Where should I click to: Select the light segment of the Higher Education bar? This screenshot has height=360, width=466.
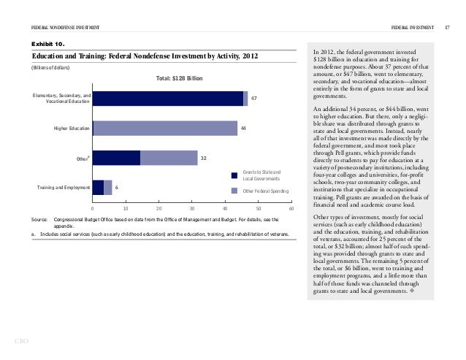166,128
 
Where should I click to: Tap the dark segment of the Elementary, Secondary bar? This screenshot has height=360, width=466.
168,99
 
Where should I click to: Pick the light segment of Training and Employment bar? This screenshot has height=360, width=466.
108,188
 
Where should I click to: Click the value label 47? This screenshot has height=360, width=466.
254,99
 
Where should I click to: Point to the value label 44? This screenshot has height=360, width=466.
244,129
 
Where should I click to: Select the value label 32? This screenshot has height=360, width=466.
205,158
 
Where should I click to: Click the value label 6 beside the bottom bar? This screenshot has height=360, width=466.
117,188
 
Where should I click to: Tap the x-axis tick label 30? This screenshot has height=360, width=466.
192,210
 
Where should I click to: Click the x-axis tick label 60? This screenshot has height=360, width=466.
291,210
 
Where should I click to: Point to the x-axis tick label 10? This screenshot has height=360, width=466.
126,210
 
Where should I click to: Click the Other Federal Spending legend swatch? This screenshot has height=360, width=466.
234,191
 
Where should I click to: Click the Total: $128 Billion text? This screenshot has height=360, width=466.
179,79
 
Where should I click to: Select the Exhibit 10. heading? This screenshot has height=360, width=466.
47,44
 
